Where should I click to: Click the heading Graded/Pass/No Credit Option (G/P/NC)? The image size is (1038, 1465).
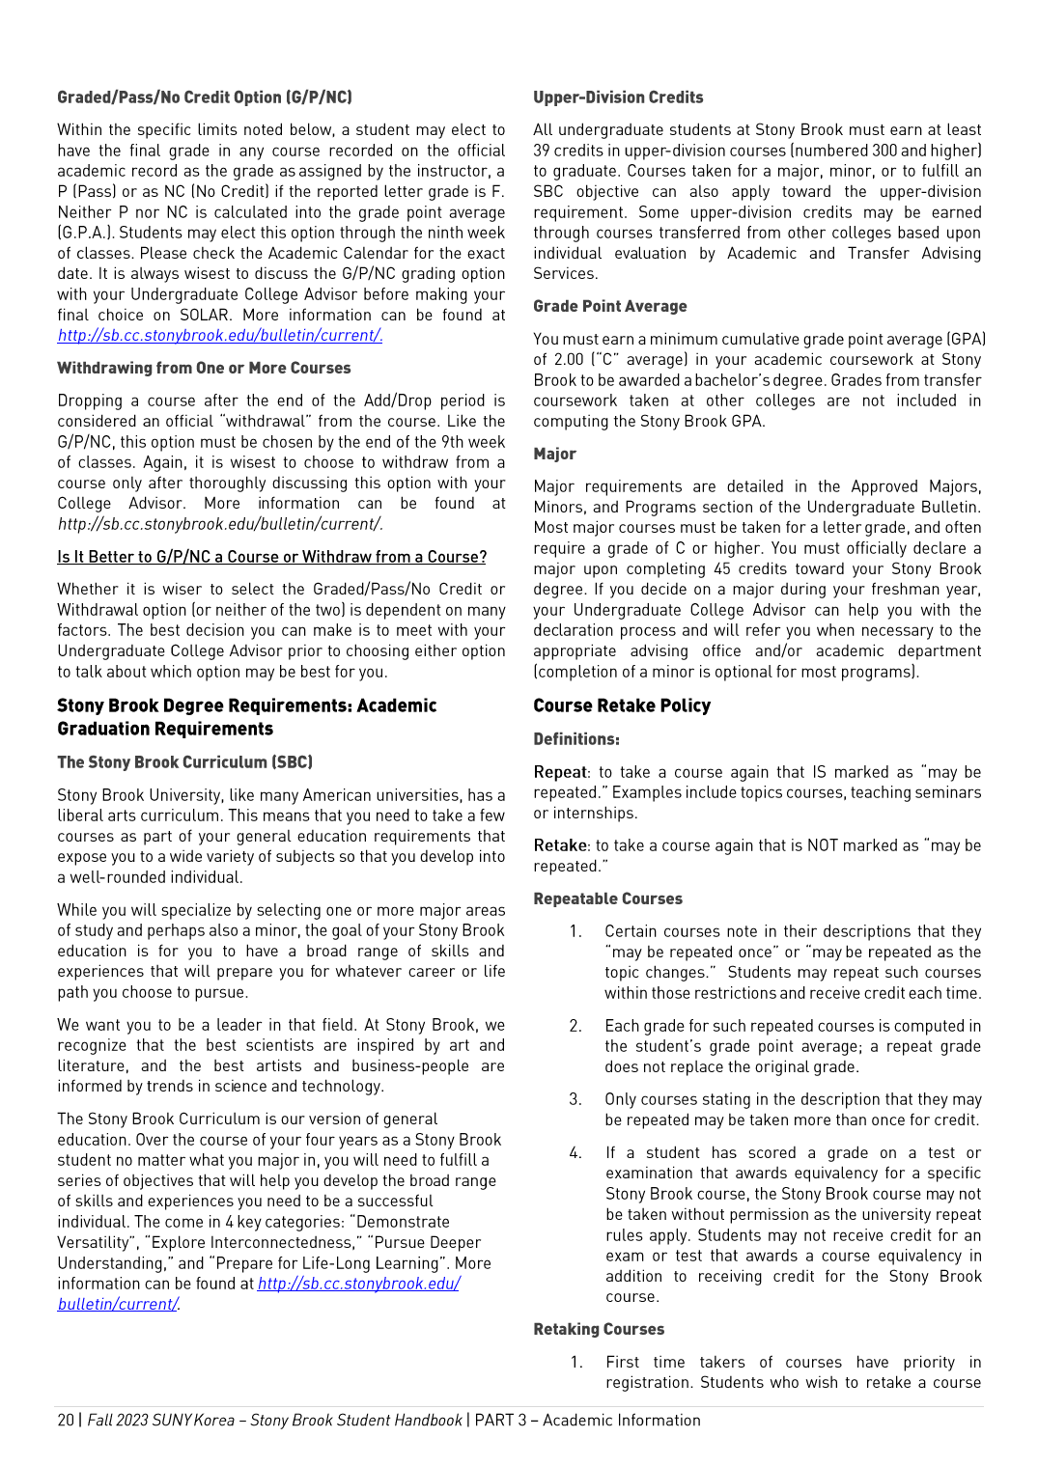pyautogui.click(x=204, y=97)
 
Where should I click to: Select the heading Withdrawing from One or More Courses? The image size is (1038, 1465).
pyautogui.click(x=204, y=369)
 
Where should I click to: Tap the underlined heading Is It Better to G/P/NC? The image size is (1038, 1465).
pyautogui.click(x=271, y=557)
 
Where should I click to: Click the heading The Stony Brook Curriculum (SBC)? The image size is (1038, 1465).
pyautogui.click(x=184, y=762)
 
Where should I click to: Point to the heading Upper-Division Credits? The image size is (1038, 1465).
pyautogui.click(x=618, y=97)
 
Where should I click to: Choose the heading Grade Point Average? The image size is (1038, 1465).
pyautogui.click(x=609, y=306)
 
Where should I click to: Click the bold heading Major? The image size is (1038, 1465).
pyautogui.click(x=554, y=454)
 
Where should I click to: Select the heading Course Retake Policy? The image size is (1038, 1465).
pyautogui.click(x=621, y=706)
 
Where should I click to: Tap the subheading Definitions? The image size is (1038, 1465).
pyautogui.click(x=576, y=739)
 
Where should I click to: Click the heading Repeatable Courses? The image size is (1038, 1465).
pyautogui.click(x=607, y=898)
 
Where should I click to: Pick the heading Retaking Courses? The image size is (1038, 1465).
pyautogui.click(x=599, y=1329)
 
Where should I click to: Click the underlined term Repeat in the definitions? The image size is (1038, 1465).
pyautogui.click(x=560, y=772)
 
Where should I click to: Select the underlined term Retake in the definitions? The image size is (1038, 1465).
pyautogui.click(x=560, y=845)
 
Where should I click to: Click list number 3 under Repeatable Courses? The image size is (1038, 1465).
pyautogui.click(x=575, y=1099)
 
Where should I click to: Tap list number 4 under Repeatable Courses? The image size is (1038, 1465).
pyautogui.click(x=575, y=1152)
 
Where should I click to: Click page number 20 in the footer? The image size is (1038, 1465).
pyautogui.click(x=66, y=1421)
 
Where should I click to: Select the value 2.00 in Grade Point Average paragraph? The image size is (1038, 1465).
pyautogui.click(x=569, y=360)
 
